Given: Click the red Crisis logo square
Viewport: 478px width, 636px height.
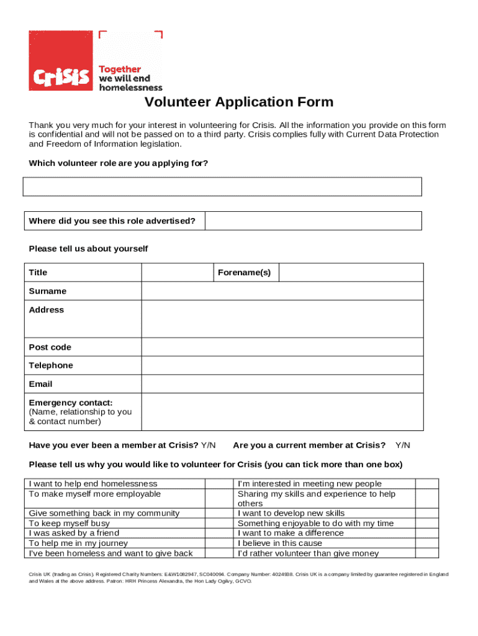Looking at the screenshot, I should pyautogui.click(x=60, y=60).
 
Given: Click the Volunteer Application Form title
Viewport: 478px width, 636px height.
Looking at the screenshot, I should pyautogui.click(x=239, y=102).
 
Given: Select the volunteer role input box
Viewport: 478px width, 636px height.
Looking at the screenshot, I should pyautogui.click(x=222, y=186).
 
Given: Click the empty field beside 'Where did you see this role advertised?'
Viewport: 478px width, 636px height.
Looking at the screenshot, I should pyautogui.click(x=313, y=220).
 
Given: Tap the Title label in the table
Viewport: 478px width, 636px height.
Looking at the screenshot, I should pyautogui.click(x=38, y=273).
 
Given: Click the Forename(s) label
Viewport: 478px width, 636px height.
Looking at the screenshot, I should pyautogui.click(x=245, y=273).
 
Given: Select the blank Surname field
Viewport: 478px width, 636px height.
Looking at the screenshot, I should pyautogui.click(x=282, y=291).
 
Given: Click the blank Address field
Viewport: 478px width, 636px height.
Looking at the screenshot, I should pyautogui.click(x=282, y=319).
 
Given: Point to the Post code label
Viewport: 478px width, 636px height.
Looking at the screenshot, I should pyautogui.click(x=50, y=347).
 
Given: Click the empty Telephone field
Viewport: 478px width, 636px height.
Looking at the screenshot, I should pyautogui.click(x=282, y=366).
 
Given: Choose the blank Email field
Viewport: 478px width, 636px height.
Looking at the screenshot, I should pyautogui.click(x=282, y=384).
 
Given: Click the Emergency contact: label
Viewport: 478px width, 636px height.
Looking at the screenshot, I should pyautogui.click(x=71, y=403).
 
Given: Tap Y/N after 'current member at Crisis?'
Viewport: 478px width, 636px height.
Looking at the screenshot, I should pyautogui.click(x=403, y=445).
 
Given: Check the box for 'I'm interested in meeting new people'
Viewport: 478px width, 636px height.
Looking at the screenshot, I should pyautogui.click(x=426, y=484).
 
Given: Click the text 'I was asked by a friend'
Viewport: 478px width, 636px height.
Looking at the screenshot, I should pyautogui.click(x=74, y=533).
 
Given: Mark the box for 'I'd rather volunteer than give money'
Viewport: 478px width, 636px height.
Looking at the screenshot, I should pyautogui.click(x=426, y=553).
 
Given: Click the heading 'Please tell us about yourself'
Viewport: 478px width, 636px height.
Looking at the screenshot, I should pyautogui.click(x=88, y=249).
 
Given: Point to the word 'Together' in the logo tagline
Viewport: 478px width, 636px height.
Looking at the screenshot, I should pyautogui.click(x=120, y=70).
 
